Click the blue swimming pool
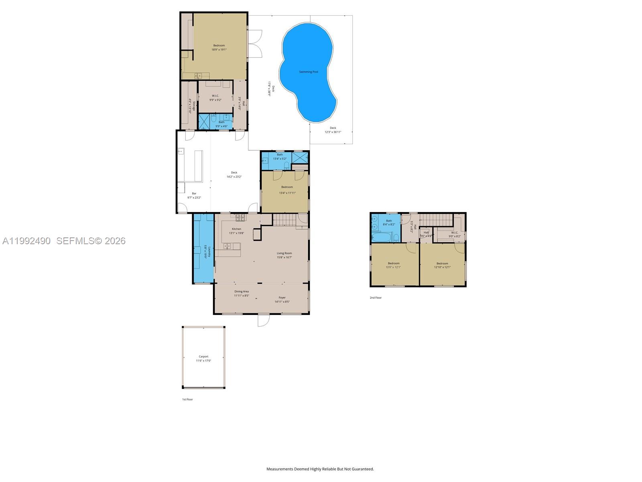[x=308, y=72]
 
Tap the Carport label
[x=203, y=357]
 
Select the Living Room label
[x=284, y=253]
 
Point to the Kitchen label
[x=236, y=229]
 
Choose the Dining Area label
[x=242, y=292]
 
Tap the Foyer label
[x=282, y=298]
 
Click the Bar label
[x=194, y=194]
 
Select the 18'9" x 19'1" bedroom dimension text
[x=219, y=50]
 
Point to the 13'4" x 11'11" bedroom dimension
[x=287, y=193]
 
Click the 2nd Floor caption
[x=376, y=298]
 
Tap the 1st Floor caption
[x=187, y=399]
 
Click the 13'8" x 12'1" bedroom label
[x=393, y=265]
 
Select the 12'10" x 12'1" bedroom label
[x=442, y=265]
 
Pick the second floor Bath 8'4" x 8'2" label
[x=389, y=223]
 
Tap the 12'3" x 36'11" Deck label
[x=333, y=130]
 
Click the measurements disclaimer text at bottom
[x=320, y=469]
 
